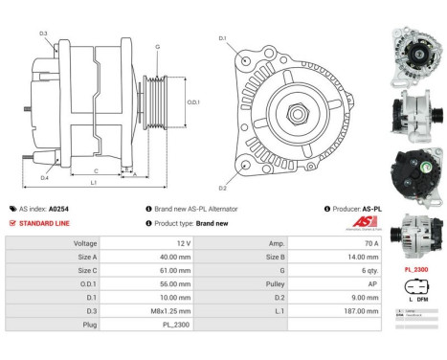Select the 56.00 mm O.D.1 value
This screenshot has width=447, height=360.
point(168,284)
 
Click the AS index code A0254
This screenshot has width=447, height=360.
point(59,208)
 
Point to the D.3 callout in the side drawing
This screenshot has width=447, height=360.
point(44,34)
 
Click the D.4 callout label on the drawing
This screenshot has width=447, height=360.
point(44,178)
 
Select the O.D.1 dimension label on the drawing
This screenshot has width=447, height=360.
point(192,102)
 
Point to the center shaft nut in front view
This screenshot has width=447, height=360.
point(296,112)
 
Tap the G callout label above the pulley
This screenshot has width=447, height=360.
point(156,46)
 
